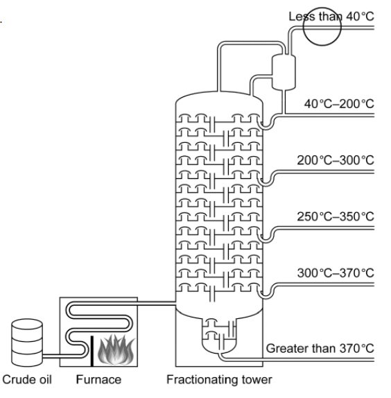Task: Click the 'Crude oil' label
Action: (27, 380)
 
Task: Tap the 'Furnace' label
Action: (98, 380)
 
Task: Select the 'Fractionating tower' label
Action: (219, 380)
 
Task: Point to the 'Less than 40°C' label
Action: (331, 17)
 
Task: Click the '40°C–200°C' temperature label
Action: (339, 104)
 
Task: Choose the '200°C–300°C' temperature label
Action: (336, 160)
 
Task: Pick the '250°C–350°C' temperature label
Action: (336, 216)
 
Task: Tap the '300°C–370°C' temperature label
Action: (336, 273)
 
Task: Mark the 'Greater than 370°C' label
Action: (320, 348)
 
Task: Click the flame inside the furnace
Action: (116, 349)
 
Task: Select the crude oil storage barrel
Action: (27, 343)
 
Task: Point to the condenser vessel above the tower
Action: (284, 72)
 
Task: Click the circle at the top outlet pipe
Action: (322, 26)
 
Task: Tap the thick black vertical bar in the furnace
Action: (92, 351)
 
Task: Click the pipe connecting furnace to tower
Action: (156, 303)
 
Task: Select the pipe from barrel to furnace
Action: (51, 356)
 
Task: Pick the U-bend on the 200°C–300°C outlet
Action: (267, 181)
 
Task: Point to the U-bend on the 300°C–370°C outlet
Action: (267, 293)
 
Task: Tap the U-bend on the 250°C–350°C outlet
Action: (267, 237)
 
